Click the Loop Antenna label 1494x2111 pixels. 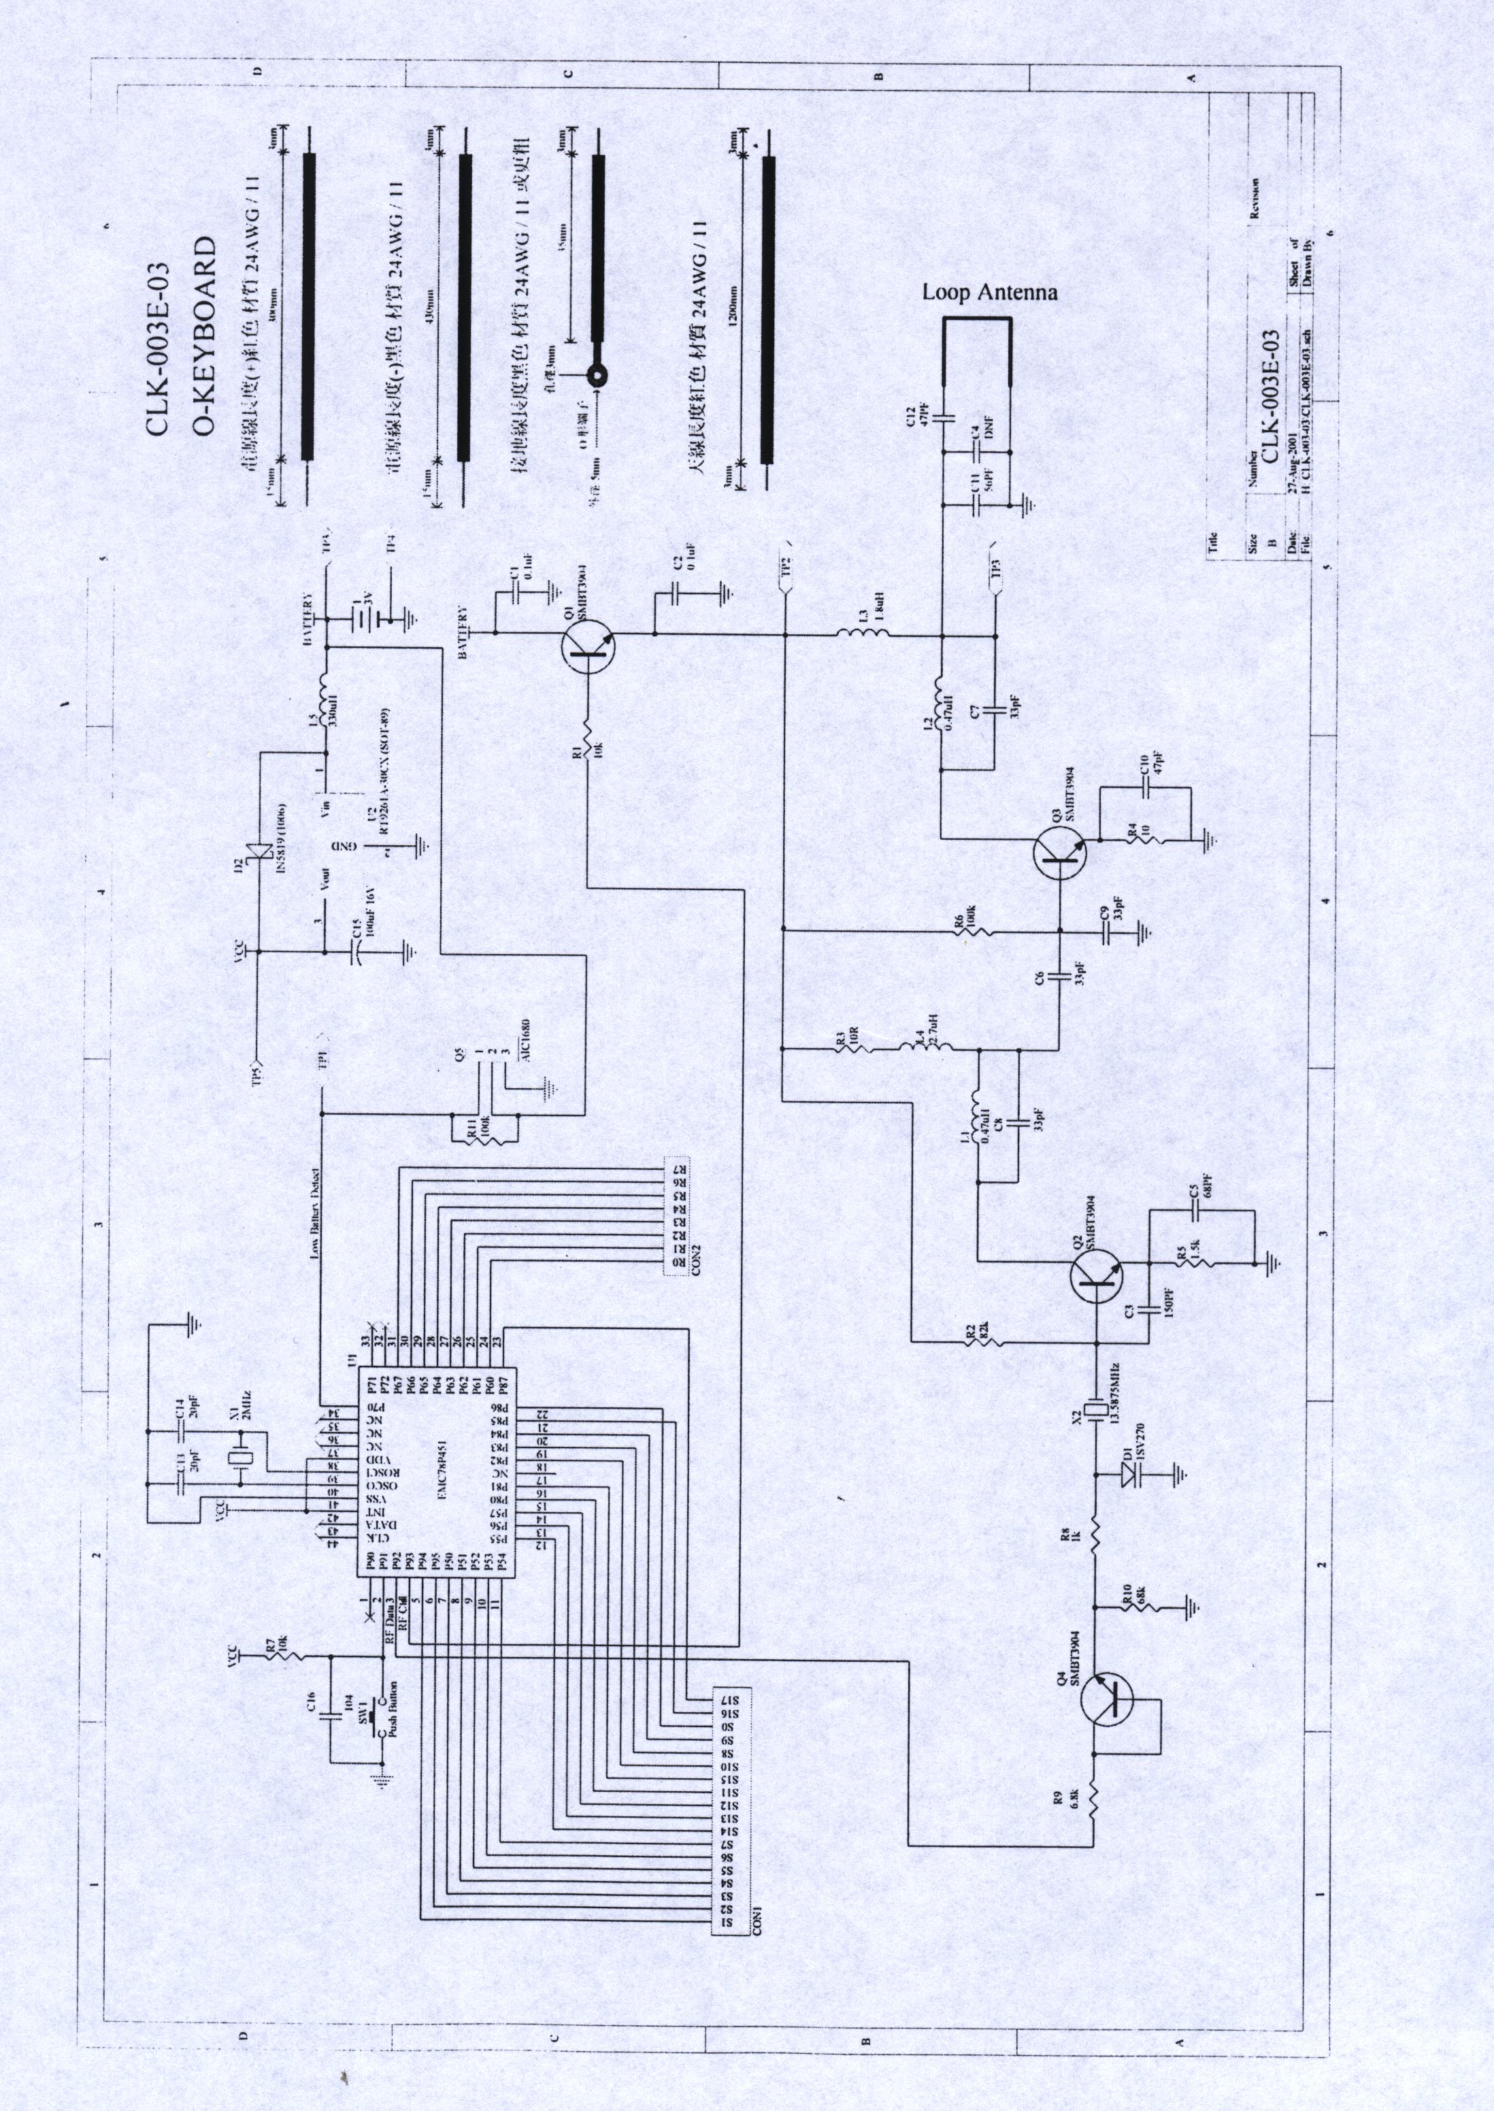990,293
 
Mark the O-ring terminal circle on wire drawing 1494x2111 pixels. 599,374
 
